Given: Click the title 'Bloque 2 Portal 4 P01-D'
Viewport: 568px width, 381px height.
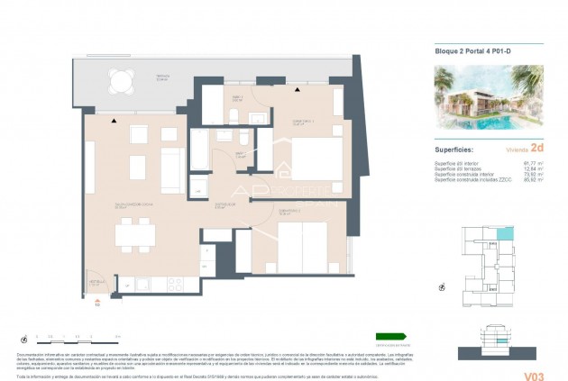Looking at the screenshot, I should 471,52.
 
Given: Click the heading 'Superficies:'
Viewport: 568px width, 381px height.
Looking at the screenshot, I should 454,150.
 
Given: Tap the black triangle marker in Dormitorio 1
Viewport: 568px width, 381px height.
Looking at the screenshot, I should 297,90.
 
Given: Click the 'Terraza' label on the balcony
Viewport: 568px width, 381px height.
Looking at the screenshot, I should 162,77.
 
